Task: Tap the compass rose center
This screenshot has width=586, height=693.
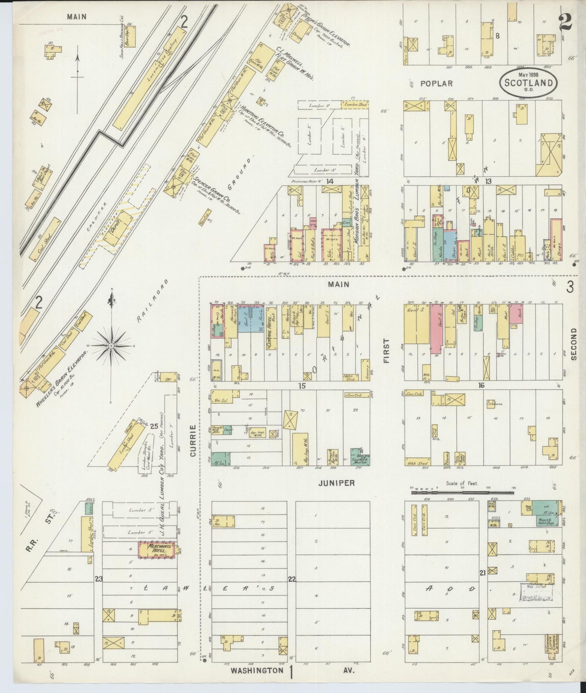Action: [x=110, y=345]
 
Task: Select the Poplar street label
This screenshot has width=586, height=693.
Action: [x=436, y=83]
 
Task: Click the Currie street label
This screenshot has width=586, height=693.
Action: [x=193, y=441]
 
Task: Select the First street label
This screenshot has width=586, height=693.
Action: [x=386, y=351]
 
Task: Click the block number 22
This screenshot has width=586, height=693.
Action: [x=291, y=579]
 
